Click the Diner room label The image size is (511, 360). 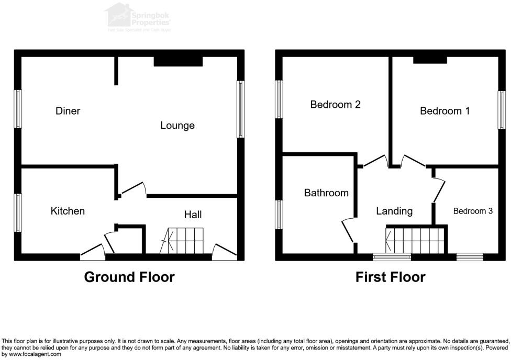point(68,111)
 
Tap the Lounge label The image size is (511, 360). point(177,126)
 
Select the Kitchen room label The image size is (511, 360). point(68,211)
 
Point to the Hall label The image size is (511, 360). point(193,215)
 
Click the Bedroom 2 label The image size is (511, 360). point(335,105)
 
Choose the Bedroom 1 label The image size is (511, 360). point(445,111)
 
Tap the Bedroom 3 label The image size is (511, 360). point(473,211)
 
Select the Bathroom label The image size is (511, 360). point(326,193)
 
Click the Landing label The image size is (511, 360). point(394,211)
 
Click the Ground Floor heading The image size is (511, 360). point(129,277)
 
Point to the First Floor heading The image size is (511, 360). point(391,277)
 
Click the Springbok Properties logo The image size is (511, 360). point(139,17)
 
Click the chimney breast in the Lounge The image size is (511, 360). point(178,61)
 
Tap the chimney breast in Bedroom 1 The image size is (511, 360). point(430,60)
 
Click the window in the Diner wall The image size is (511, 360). point(18,109)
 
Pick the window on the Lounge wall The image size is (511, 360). point(241,109)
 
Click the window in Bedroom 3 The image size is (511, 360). point(469,256)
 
